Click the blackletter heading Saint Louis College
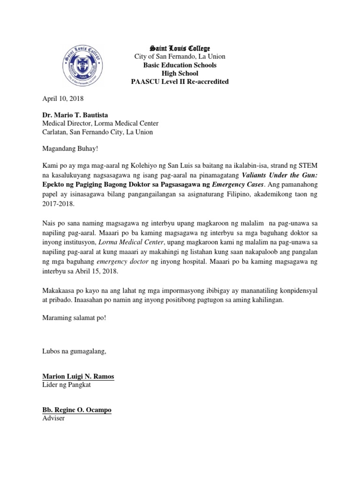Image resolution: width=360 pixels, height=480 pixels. click(180, 48)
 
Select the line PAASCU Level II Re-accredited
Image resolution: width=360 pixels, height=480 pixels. click(180, 82)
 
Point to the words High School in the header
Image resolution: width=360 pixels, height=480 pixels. click(180, 73)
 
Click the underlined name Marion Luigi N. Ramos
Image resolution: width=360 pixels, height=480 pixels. click(78, 377)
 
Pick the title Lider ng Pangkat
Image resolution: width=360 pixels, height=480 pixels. click(67, 385)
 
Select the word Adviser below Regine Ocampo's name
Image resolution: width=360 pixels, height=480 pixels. click(53, 418)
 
